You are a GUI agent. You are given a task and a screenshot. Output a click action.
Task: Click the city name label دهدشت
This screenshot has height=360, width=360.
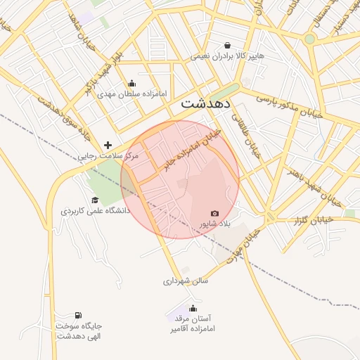206,103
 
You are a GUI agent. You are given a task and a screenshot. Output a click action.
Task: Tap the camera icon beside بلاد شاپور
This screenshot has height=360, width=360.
214,213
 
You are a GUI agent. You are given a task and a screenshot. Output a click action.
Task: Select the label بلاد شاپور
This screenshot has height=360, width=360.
214,224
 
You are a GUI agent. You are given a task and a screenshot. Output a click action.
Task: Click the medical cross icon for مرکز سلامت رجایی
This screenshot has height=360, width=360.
108,144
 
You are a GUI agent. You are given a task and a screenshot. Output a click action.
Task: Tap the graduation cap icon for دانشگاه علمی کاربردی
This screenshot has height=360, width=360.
95,200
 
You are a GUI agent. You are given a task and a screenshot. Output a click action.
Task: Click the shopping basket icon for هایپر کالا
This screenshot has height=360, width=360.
226,44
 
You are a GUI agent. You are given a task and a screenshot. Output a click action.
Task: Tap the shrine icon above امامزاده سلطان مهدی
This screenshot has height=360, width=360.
132,84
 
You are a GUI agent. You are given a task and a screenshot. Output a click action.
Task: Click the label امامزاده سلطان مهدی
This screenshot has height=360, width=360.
133,93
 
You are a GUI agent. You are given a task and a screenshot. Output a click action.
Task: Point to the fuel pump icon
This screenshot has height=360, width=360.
77,314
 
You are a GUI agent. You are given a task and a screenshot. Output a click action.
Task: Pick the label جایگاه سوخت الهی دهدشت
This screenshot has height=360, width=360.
79,330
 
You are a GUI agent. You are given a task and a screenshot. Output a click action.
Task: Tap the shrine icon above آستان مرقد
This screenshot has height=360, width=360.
193,308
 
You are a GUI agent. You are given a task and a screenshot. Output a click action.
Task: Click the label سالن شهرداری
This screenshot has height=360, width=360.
186,281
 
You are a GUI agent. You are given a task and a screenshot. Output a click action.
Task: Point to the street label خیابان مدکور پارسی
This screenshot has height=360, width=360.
289,104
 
